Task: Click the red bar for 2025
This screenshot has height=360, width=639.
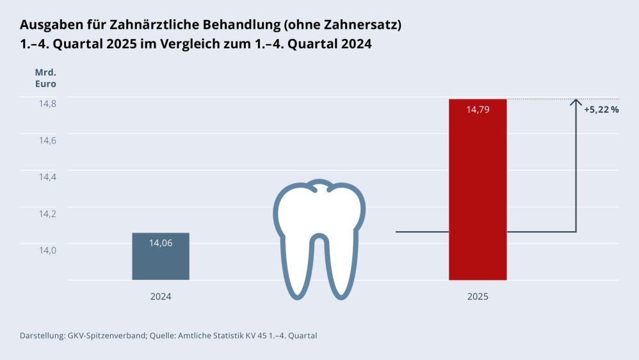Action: [478, 192]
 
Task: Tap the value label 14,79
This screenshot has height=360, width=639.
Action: [478, 110]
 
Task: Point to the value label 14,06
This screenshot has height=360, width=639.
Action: [161, 243]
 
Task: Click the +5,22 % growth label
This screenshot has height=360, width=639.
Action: [601, 110]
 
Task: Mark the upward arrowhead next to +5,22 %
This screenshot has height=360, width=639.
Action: [576, 102]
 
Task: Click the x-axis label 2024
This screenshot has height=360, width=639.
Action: [161, 297]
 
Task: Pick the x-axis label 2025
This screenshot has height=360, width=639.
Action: [478, 297]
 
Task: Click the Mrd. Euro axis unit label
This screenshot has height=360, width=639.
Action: [45, 78]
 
